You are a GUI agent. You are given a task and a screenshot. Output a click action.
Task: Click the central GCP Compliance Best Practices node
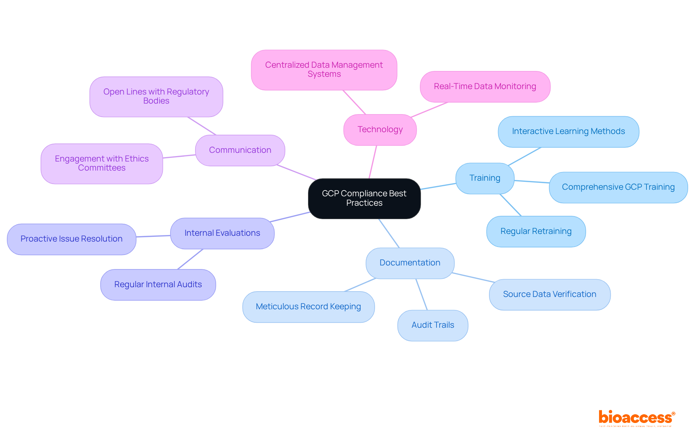pyautogui.click(x=364, y=198)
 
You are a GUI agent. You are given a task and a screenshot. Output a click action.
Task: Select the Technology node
pyautogui.click(x=380, y=130)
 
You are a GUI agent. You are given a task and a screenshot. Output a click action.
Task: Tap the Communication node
pyautogui.click(x=240, y=150)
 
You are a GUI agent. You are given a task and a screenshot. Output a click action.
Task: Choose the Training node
pyautogui.click(x=485, y=178)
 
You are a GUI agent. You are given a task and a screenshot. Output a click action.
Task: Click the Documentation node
pyautogui.click(x=410, y=263)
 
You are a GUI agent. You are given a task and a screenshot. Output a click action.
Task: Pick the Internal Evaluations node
pyautogui.click(x=222, y=233)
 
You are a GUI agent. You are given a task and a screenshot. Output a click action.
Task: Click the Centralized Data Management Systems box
pyautogui.click(x=324, y=70)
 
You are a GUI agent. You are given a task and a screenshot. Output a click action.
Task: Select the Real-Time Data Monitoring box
pyautogui.click(x=485, y=87)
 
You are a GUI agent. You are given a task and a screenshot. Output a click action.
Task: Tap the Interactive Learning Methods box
pyautogui.click(x=568, y=131)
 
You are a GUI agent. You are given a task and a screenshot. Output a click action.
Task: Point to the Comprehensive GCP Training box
pyautogui.click(x=618, y=187)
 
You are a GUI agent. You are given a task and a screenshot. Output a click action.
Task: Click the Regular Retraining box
pyautogui.click(x=536, y=231)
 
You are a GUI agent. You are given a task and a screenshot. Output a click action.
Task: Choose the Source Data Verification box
pyautogui.click(x=549, y=294)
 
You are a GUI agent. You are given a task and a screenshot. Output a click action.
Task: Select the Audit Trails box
pyautogui.click(x=433, y=325)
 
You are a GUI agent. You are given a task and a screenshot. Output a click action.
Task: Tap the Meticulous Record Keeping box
pyautogui.click(x=308, y=307)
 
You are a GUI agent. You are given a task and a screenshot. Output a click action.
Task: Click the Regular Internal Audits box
pyautogui.click(x=158, y=285)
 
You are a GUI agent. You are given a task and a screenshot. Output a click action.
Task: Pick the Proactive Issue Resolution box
pyautogui.click(x=71, y=239)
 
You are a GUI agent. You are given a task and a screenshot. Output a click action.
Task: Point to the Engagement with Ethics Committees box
pyautogui.click(x=102, y=163)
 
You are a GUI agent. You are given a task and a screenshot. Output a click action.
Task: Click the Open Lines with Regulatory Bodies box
pyautogui.click(x=156, y=96)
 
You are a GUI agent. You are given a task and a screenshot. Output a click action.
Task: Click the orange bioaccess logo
pyautogui.click(x=636, y=418)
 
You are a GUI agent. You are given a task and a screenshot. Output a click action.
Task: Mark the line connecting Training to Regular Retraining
pyautogui.click(x=511, y=205)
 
